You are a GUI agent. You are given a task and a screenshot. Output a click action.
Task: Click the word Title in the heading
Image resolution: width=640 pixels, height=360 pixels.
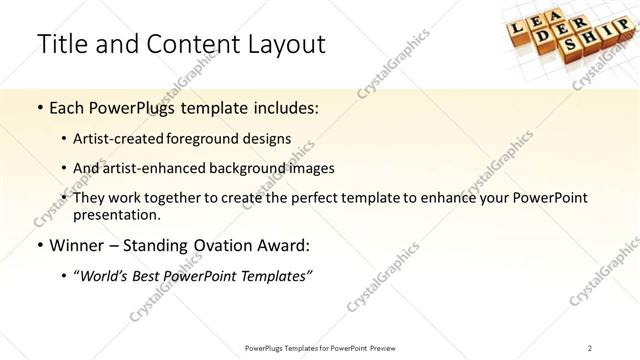(62, 44)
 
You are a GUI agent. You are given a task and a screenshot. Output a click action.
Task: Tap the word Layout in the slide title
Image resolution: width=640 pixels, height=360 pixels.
(282, 44)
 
